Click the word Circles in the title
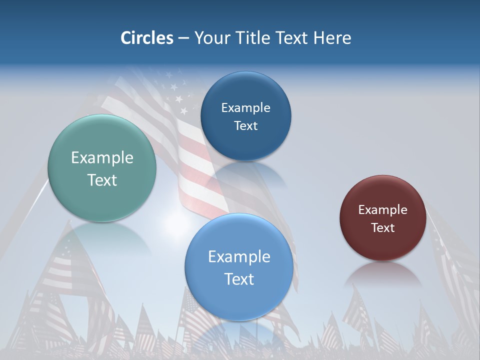(x=146, y=38)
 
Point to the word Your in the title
(x=211, y=38)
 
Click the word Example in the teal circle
(x=102, y=158)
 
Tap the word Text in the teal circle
(x=102, y=180)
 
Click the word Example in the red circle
(x=383, y=210)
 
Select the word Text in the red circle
(x=383, y=228)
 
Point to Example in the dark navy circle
(x=245, y=108)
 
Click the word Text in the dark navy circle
(x=245, y=126)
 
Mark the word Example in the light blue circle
(x=239, y=257)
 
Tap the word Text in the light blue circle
(x=239, y=279)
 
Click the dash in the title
(x=183, y=38)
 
